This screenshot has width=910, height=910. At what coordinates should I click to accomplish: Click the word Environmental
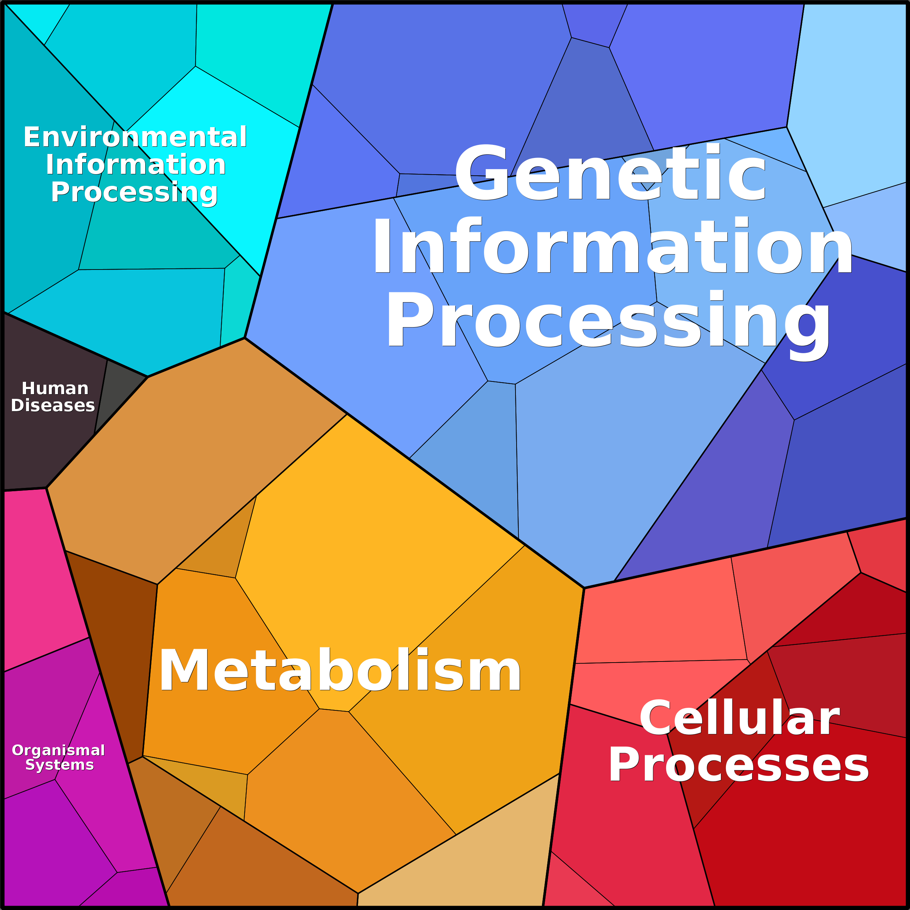135,137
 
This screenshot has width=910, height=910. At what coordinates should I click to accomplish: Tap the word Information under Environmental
135,165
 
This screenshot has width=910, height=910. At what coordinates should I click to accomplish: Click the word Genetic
610,173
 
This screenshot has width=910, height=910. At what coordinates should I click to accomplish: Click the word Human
55,389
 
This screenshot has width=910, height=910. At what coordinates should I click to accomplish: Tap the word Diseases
53,405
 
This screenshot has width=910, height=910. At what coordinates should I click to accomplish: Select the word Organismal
58,750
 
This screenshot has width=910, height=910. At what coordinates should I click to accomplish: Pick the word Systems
59,765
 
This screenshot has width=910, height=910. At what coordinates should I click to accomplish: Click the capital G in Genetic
481,173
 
